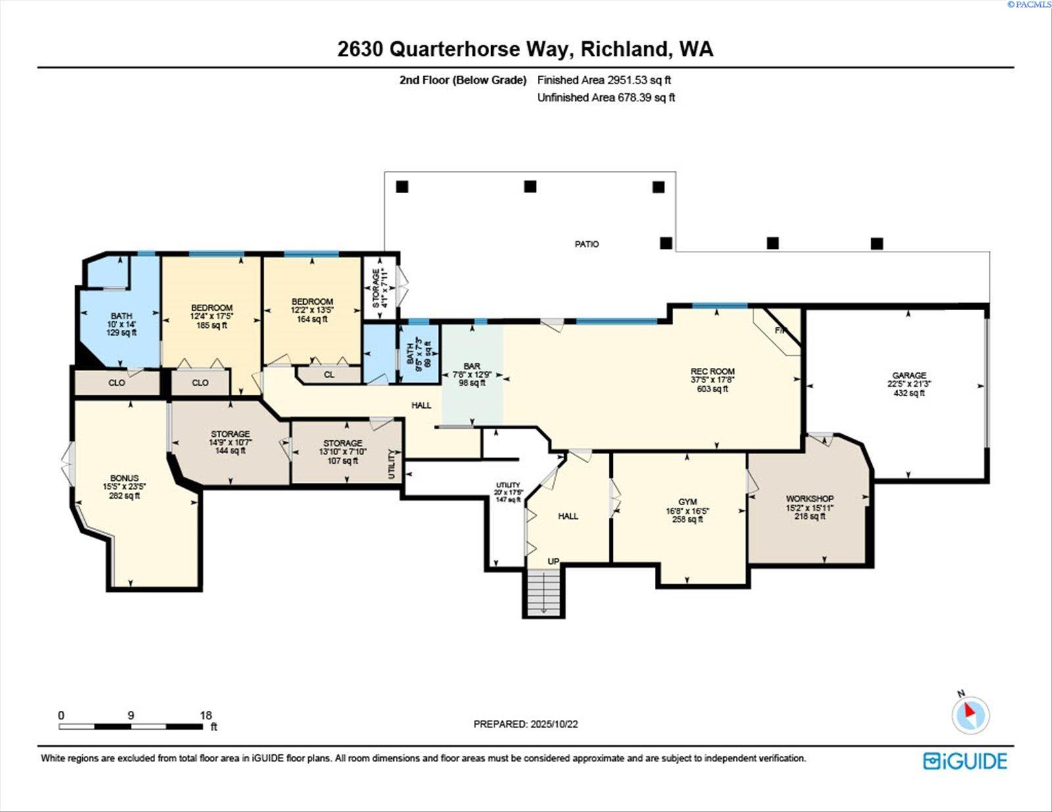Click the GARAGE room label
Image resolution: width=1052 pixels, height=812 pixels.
click(909, 376)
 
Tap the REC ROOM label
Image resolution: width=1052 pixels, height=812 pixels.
click(713, 372)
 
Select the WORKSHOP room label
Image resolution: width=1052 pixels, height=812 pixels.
click(809, 499)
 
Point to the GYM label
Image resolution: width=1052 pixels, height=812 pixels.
click(688, 502)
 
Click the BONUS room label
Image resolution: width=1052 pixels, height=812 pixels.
click(124, 478)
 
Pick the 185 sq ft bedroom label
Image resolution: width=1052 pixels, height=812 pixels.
click(212, 308)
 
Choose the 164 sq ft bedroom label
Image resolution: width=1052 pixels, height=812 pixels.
click(312, 302)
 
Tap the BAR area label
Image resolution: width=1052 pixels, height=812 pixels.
click(471, 367)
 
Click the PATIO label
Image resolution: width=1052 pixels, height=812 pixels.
click(586, 244)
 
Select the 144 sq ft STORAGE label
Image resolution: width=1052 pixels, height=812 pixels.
click(230, 434)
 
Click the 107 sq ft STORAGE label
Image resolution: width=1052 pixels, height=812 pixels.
click(343, 443)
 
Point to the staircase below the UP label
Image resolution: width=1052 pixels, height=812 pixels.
click(543, 591)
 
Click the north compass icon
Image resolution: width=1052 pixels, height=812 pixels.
click(970, 715)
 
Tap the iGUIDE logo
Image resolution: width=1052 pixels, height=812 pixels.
click(965, 761)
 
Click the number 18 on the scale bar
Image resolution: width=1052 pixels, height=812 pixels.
click(206, 715)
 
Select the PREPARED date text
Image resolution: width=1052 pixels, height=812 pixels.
click(525, 724)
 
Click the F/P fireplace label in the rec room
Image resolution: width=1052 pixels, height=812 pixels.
click(780, 330)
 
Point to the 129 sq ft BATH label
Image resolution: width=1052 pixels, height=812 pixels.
click(122, 316)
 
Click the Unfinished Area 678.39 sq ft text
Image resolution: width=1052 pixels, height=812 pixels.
click(606, 98)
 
